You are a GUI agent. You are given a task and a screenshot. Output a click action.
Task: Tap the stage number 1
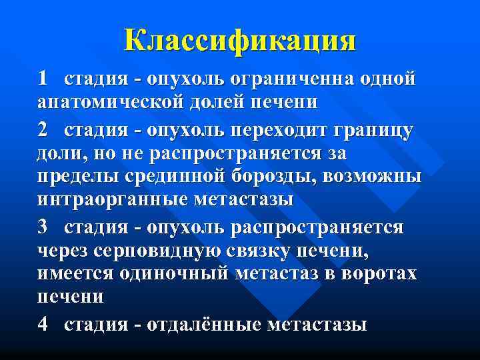pos(43,79)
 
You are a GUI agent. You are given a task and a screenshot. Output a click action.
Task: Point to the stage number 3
pos(43,227)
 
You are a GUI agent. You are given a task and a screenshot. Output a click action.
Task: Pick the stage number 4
pos(43,325)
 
